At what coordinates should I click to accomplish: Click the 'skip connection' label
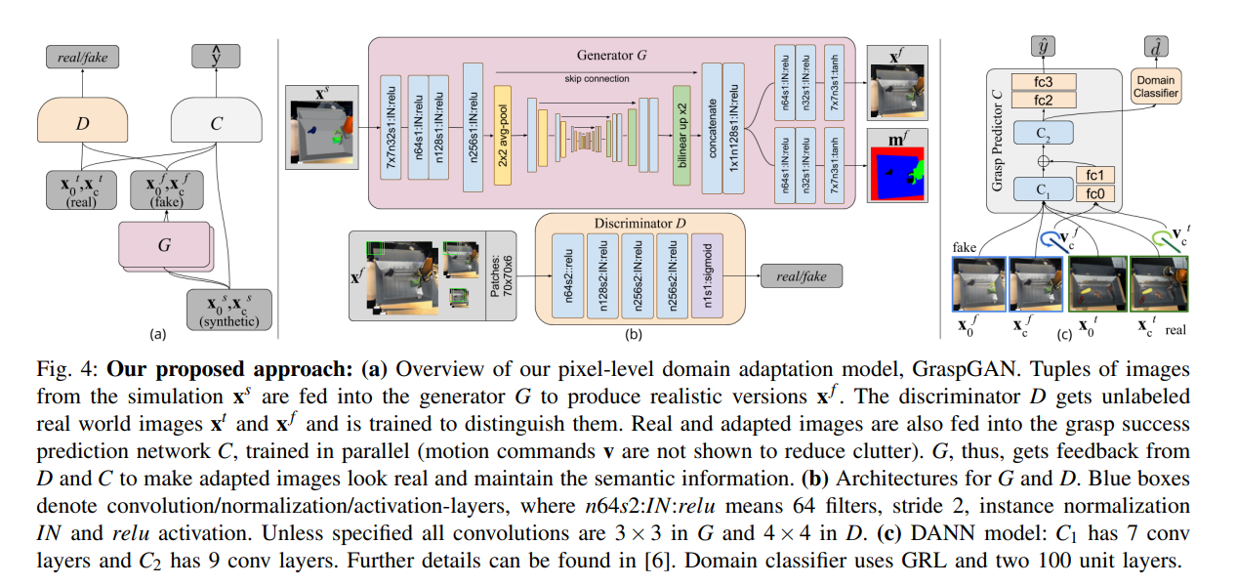(596, 78)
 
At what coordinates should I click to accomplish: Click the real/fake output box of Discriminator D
(800, 276)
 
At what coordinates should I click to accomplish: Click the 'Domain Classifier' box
(1156, 86)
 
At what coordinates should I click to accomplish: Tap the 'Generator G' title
(612, 56)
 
